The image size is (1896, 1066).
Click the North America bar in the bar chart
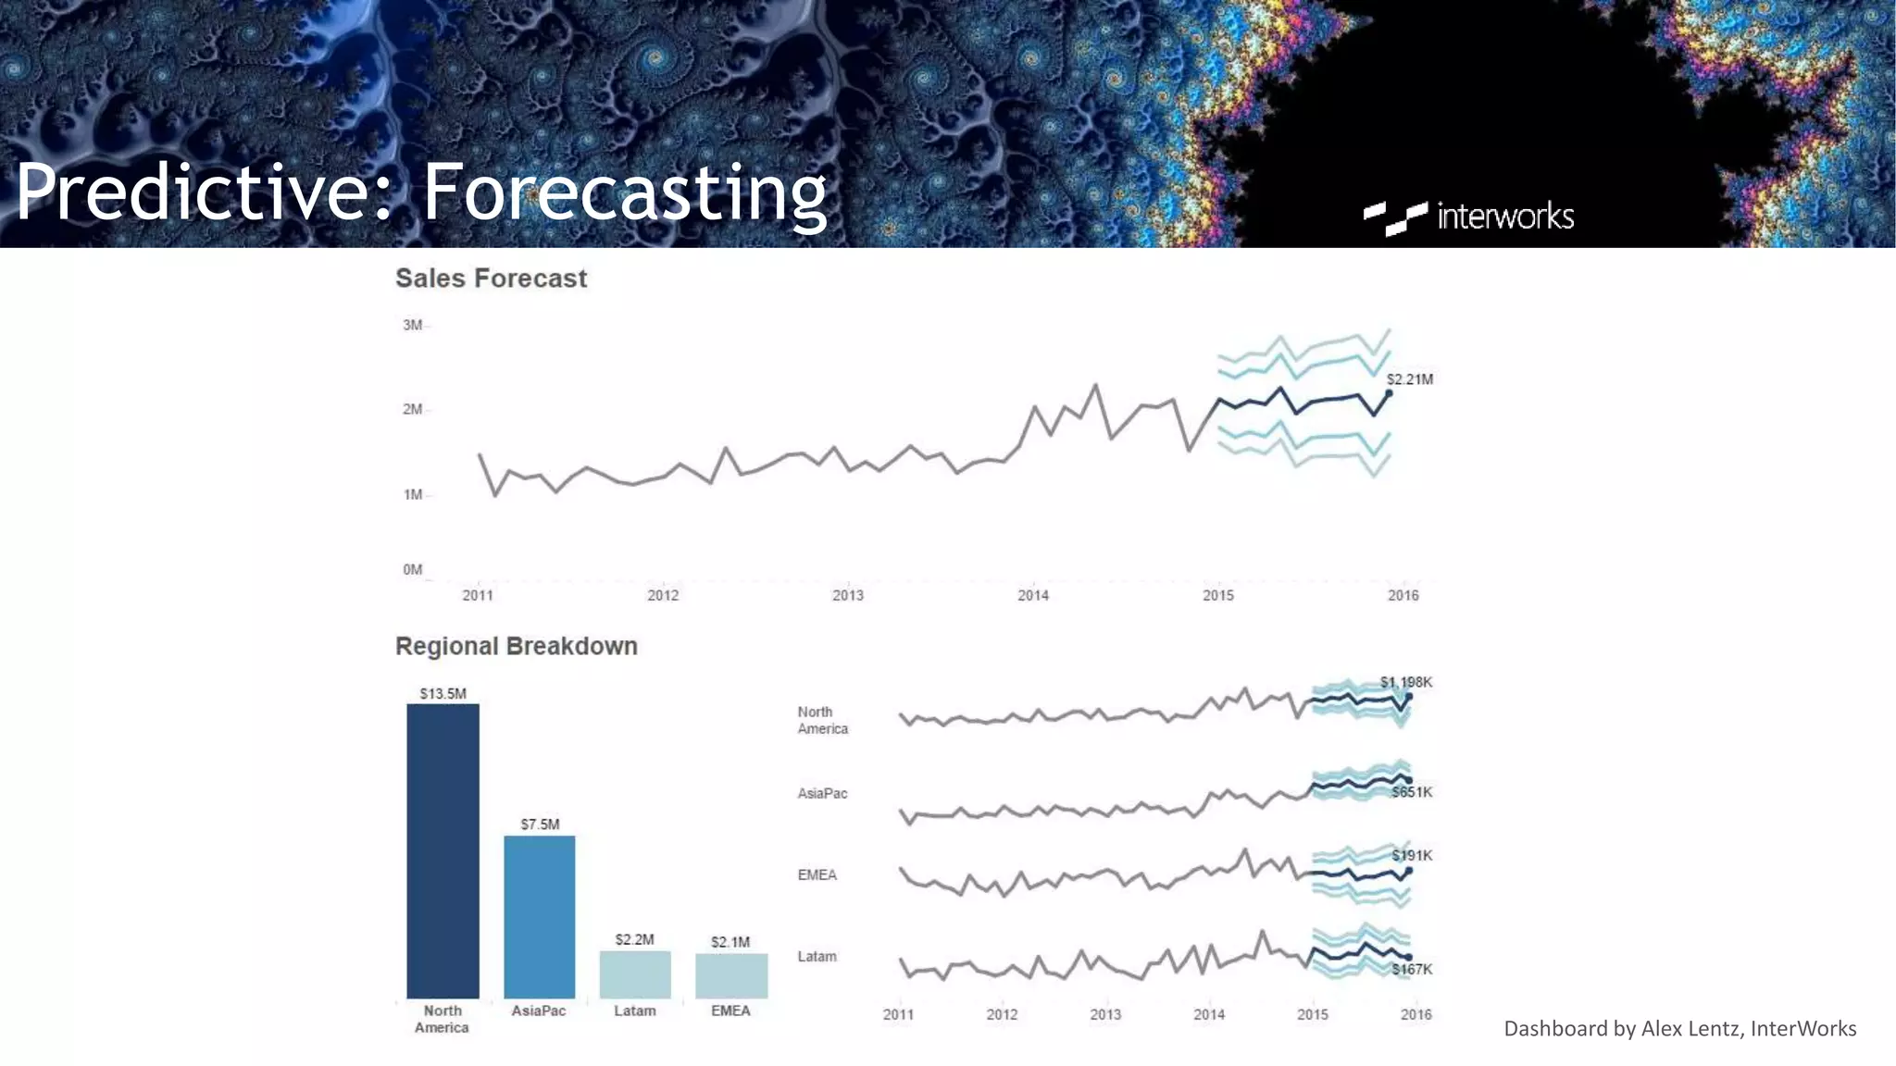click(443, 851)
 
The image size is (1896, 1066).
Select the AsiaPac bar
click(539, 916)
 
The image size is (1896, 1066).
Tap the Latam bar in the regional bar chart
click(635, 974)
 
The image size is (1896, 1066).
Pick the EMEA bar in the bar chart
click(731, 975)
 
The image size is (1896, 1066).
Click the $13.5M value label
click(443, 693)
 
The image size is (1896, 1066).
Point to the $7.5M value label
click(540, 824)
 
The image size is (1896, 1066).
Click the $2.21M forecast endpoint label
click(1409, 379)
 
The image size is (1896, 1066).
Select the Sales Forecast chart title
click(491, 279)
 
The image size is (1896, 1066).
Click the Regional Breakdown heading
click(516, 646)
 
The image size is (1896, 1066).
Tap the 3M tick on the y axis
click(412, 325)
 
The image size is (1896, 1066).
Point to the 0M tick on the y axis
click(412, 569)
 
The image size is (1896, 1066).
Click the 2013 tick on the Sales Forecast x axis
click(847, 595)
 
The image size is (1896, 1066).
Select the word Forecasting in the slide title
click(624, 192)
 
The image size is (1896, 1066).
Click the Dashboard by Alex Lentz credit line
click(1679, 1028)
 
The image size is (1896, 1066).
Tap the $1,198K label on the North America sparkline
click(1405, 682)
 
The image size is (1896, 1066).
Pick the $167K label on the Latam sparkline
click(1412, 969)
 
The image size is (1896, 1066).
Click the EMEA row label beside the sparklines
click(817, 874)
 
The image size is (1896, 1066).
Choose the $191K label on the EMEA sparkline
click(1412, 855)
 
